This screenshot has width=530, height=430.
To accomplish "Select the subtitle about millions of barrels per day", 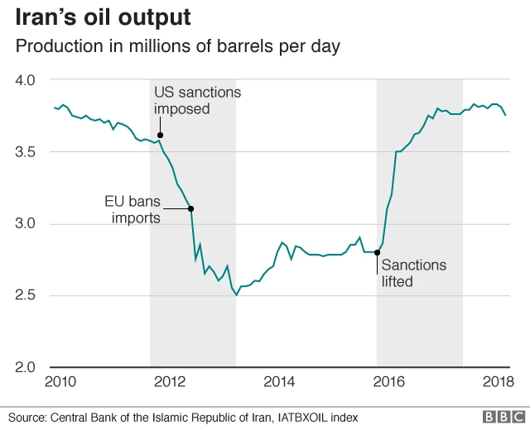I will (x=178, y=47).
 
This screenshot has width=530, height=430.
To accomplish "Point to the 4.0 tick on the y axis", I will (x=26, y=80).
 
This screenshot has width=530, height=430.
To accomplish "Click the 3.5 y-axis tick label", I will (x=26, y=152).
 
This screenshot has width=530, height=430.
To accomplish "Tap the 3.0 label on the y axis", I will (x=26, y=224).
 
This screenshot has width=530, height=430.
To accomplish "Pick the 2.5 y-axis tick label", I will (x=26, y=296).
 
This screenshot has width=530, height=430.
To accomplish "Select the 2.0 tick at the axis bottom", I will (x=26, y=367).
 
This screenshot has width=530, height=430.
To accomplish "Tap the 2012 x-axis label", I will (x=169, y=383).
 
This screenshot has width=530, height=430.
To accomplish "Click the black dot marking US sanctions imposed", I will (x=160, y=135).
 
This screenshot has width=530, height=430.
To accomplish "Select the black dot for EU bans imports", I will (x=191, y=208).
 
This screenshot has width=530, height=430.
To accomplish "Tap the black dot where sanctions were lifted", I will (x=378, y=252).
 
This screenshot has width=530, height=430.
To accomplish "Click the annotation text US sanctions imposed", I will (x=197, y=100).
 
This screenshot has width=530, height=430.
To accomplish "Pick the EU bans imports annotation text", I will (x=132, y=209).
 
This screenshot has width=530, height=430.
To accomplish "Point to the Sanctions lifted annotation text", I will (x=413, y=273).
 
